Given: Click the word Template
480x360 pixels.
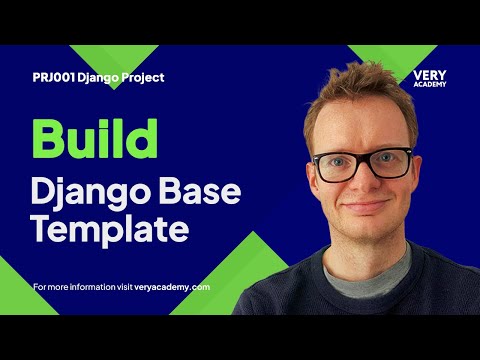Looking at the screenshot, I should pos(109,229).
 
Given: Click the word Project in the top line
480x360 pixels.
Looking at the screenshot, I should pos(140,77).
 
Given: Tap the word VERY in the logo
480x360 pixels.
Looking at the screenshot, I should pos(429,75).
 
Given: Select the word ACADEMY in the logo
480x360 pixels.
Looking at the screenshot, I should pos(429,84).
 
